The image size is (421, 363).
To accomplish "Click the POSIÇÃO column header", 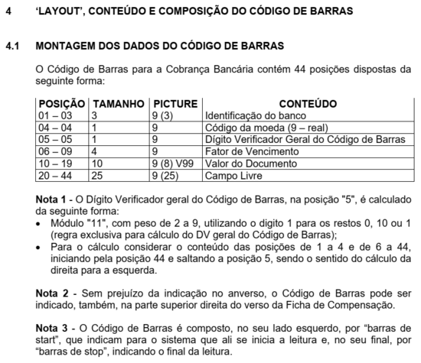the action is tap(62, 103).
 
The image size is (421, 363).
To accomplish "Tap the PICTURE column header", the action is tap(175, 103).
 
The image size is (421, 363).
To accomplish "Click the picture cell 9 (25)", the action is tap(166, 176).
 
